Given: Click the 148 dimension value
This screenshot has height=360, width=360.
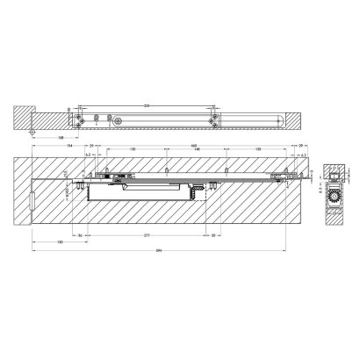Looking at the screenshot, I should (193, 150).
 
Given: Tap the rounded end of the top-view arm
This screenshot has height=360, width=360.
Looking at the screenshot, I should (277, 117).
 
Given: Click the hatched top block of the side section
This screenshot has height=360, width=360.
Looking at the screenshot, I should (331, 172).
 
